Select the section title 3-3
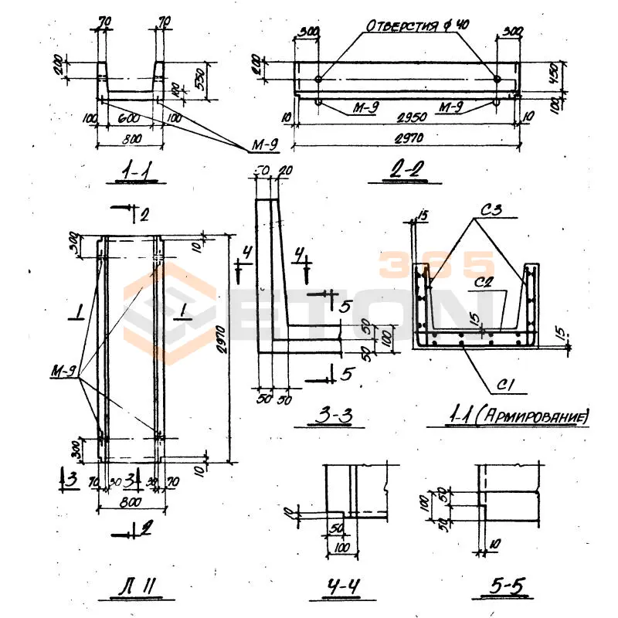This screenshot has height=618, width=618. [x=334, y=417]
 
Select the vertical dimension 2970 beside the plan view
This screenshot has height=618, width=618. [x=221, y=348]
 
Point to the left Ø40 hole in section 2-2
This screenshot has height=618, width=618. [x=318, y=80]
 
